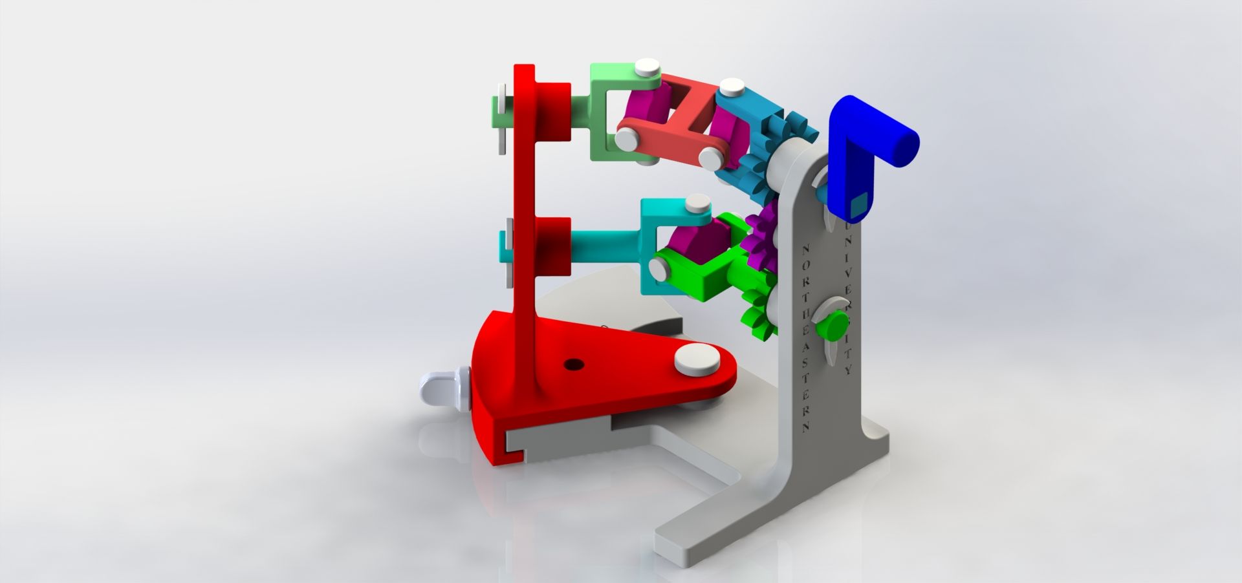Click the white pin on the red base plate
coord(696,360)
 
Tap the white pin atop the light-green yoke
coord(647,67)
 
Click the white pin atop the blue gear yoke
coord(733,87)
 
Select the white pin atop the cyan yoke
coord(697,204)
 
